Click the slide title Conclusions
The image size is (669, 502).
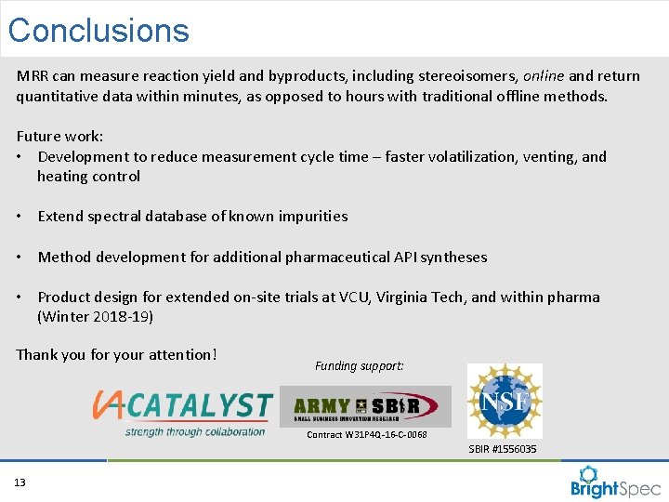click(x=98, y=31)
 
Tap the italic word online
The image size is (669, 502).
click(x=544, y=76)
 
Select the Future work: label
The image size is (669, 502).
click(x=59, y=136)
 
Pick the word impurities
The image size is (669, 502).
click(x=310, y=217)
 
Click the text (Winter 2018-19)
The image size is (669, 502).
click(x=95, y=317)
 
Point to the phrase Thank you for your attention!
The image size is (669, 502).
click(x=116, y=354)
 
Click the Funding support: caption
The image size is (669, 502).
click(x=359, y=366)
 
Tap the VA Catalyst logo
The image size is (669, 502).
click(x=182, y=412)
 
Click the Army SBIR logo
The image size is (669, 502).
click(x=365, y=406)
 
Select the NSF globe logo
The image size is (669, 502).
click(x=505, y=401)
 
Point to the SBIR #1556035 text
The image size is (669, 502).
click(x=503, y=450)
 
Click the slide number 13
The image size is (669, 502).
click(x=20, y=482)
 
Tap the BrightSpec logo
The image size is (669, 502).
click(x=615, y=481)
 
